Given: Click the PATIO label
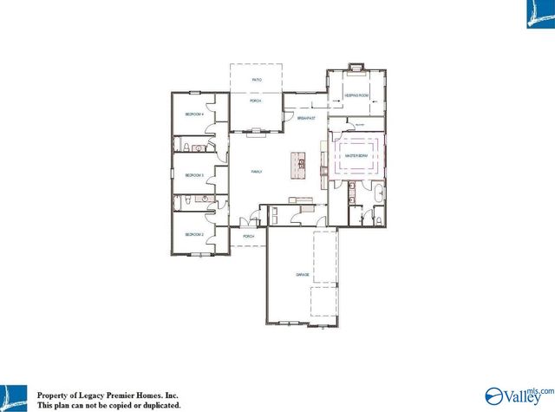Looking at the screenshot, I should tap(257, 80).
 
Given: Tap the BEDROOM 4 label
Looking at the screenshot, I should tap(194, 114).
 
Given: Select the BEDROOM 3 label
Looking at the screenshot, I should tap(194, 175).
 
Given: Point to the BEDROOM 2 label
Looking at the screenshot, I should tap(194, 234).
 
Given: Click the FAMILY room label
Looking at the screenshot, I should tap(257, 172).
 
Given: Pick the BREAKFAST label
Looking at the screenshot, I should tap(305, 117).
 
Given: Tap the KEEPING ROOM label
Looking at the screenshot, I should tap(356, 96).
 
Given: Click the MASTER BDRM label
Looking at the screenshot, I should tap(356, 156).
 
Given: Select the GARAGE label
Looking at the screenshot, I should tap(303, 274).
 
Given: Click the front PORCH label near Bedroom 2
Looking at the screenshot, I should tap(248, 236).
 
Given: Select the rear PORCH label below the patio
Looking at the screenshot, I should tap(256, 101).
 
